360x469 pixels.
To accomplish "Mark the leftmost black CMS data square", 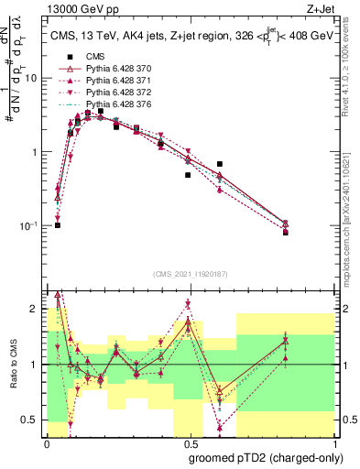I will tap(57, 224).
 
